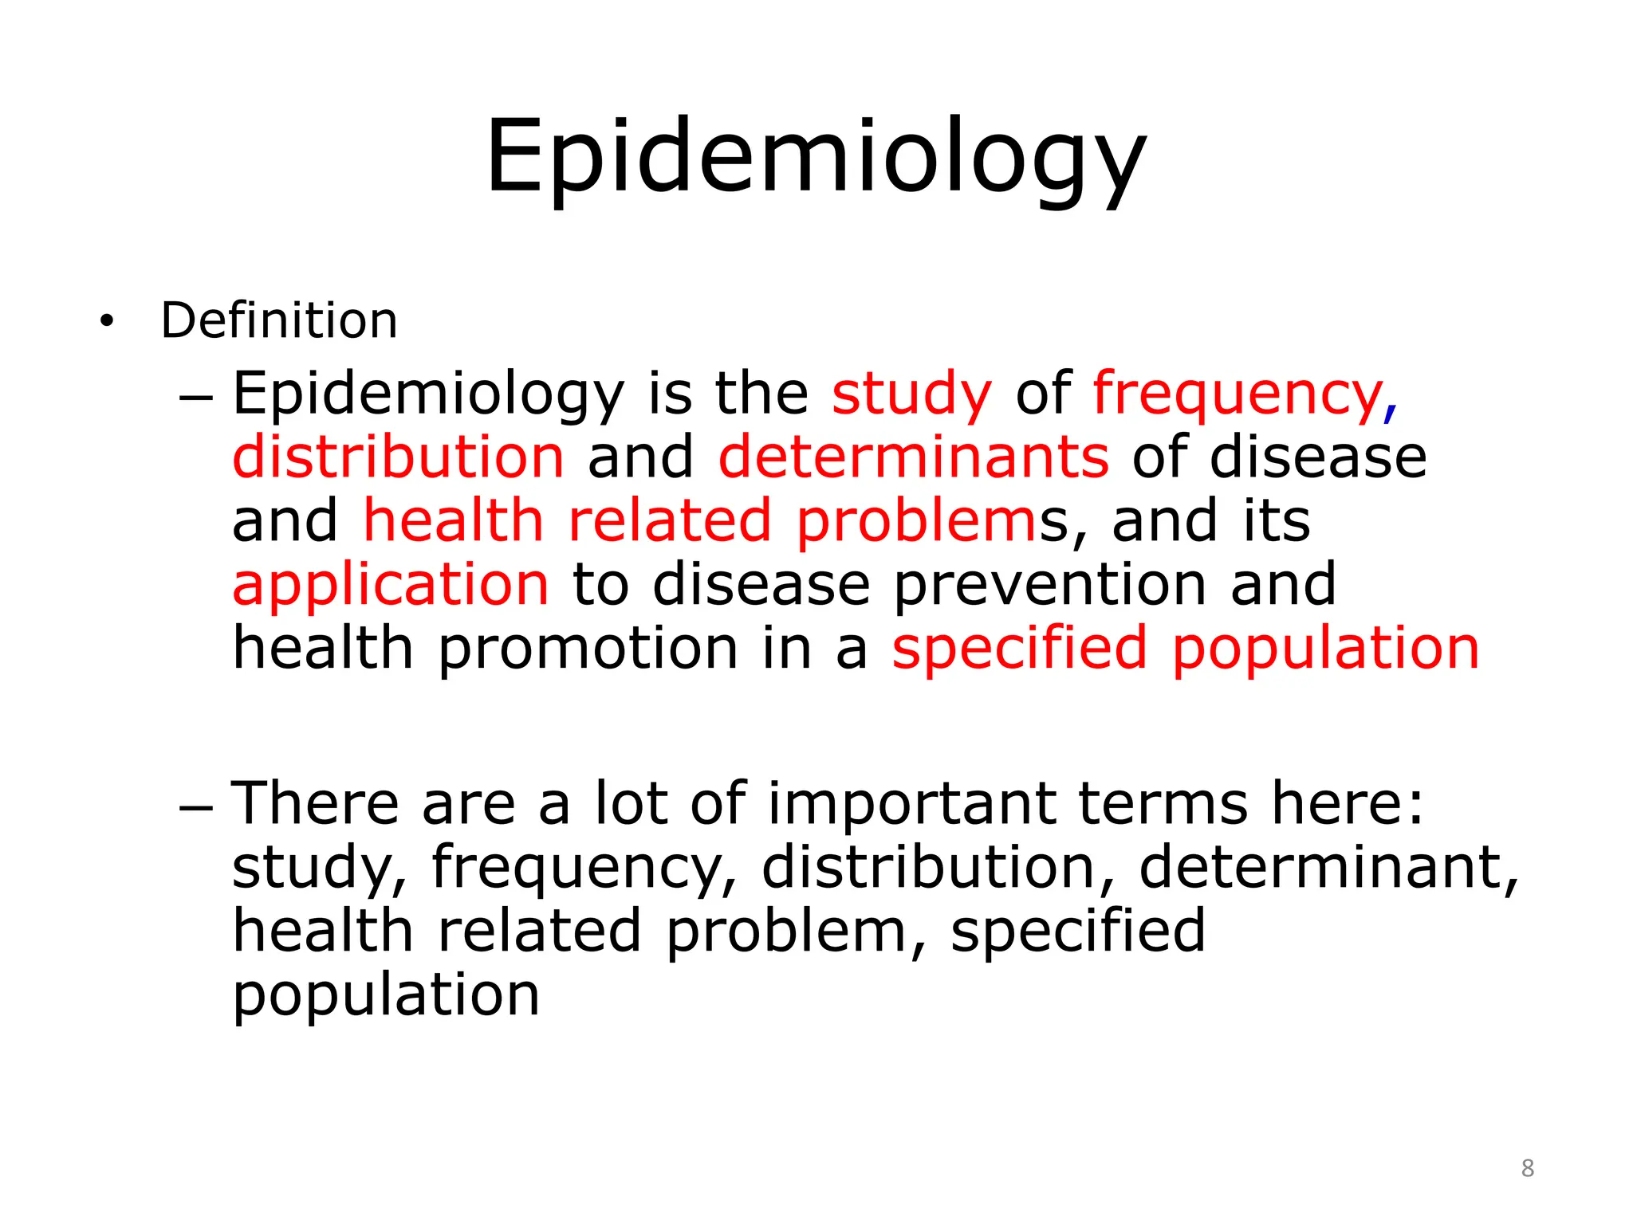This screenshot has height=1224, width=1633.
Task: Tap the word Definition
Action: [x=279, y=320]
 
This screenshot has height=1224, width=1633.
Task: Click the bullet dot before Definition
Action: [x=107, y=322]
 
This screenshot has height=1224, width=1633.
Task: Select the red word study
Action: [x=911, y=394]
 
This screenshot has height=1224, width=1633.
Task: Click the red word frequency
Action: [x=1237, y=394]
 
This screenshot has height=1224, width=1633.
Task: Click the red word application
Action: [x=391, y=584]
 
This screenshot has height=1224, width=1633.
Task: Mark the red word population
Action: [x=1325, y=648]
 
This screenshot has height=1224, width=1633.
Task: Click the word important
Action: [x=911, y=802]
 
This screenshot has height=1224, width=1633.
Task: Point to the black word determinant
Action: [x=1320, y=867]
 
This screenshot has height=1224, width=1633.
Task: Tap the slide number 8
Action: [x=1527, y=1168]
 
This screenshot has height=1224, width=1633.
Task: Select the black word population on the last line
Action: [x=386, y=995]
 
